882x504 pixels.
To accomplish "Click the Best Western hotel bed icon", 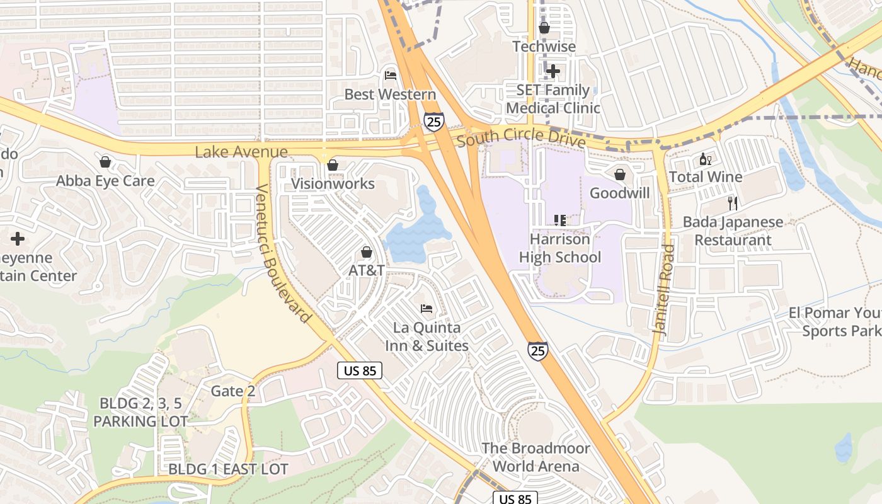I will coord(391,76).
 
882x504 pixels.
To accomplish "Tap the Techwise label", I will coord(544,47).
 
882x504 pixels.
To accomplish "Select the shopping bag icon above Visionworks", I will coord(333,165).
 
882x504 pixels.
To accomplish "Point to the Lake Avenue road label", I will coord(241,152).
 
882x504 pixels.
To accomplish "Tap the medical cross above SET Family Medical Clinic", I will coord(553,71).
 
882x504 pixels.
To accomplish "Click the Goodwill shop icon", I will coord(620,175).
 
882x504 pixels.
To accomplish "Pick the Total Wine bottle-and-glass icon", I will coord(705,159).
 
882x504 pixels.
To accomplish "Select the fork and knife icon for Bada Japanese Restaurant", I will coord(732,203).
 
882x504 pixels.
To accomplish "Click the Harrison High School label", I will coord(559,248).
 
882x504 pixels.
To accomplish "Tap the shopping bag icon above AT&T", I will coord(366,252).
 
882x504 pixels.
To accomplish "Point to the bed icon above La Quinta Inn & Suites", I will coord(427,309).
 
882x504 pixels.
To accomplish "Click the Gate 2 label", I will coord(233,391).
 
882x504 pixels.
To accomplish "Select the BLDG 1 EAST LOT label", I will coord(228,469).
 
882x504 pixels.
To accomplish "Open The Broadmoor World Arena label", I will coord(536,457).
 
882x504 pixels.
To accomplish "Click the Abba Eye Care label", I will coord(105,181).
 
